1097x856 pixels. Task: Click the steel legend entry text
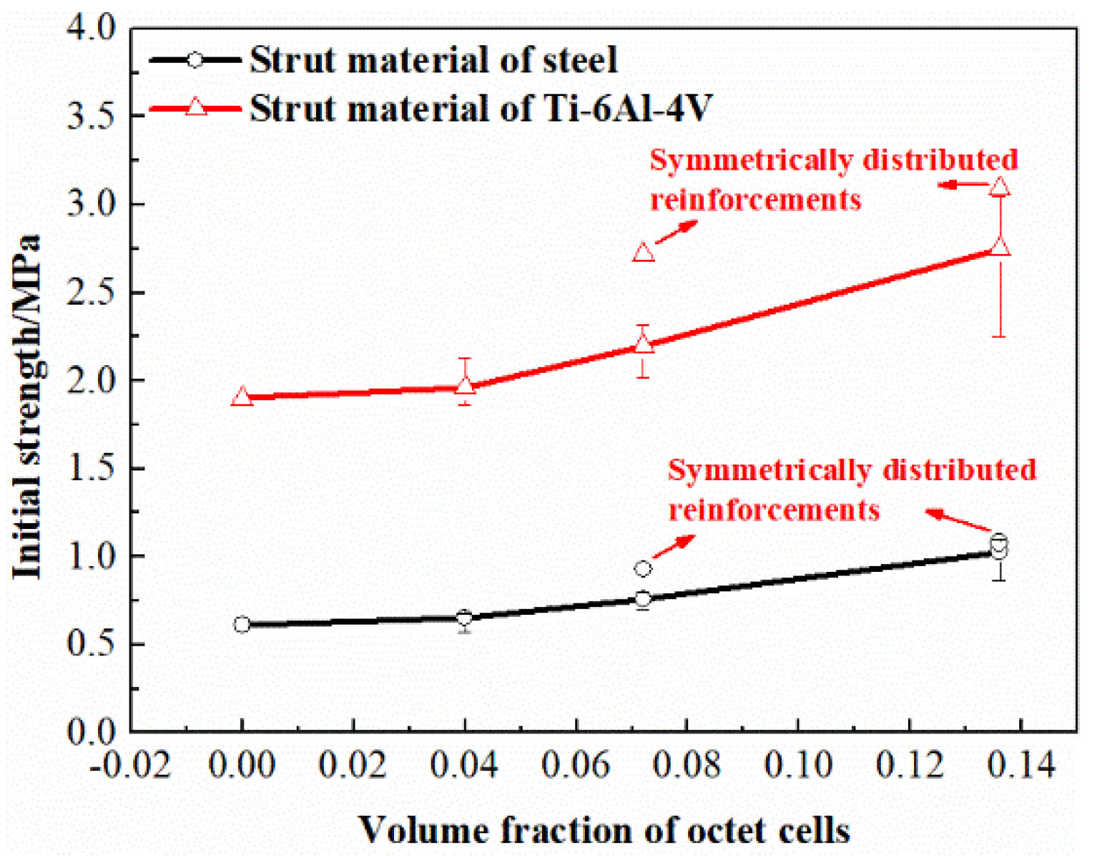click(x=433, y=60)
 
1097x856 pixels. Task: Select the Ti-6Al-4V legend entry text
click(x=481, y=109)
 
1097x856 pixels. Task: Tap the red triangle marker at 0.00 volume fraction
click(x=242, y=397)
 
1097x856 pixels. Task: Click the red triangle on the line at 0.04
click(x=466, y=386)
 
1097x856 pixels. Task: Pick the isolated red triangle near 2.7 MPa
click(x=644, y=253)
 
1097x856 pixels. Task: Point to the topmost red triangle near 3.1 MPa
click(x=1000, y=187)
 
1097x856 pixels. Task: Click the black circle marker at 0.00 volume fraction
click(x=242, y=625)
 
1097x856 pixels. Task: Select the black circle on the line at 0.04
click(x=465, y=618)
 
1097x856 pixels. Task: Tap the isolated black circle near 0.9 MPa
click(x=643, y=569)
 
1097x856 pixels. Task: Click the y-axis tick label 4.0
click(x=90, y=29)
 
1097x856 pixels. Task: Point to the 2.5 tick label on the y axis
click(x=90, y=293)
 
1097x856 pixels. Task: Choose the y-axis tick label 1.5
click(x=90, y=469)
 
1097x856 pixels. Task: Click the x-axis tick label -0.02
click(x=131, y=765)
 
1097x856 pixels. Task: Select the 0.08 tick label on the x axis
click(x=687, y=765)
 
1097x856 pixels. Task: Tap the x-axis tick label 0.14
click(x=1020, y=765)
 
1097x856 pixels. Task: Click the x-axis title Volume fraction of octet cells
click(x=604, y=830)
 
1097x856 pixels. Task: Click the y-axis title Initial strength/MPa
click(x=27, y=407)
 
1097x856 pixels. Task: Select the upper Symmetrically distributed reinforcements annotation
click(x=833, y=179)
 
